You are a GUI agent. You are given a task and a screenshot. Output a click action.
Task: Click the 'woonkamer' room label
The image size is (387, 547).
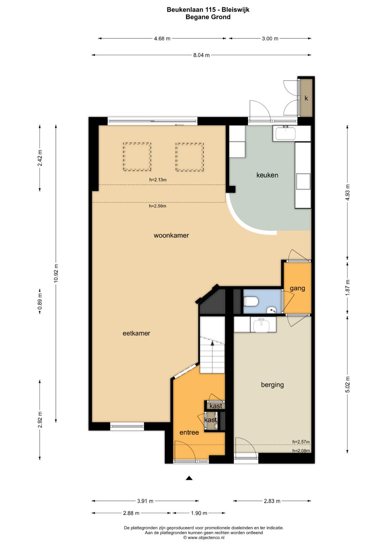coord(171,235)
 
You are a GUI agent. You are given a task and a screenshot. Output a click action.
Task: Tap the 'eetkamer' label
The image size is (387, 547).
coord(136,334)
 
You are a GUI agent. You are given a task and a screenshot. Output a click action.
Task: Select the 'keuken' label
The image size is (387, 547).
coord(267,175)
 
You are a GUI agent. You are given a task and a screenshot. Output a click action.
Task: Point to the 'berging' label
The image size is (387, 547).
coord(272,385)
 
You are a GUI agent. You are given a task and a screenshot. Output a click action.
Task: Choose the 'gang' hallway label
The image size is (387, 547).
coord(297,289)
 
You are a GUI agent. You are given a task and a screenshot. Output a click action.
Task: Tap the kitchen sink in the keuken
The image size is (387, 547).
coord(285,133)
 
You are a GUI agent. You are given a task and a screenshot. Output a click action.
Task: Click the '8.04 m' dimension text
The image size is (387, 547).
coord(201,55)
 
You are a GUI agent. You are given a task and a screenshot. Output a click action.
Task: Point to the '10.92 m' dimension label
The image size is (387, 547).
coord(56,273)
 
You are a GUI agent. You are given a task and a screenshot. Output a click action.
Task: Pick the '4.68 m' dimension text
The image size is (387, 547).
coord(162,39)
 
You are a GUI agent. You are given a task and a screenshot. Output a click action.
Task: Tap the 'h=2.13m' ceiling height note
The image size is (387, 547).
coord(158,180)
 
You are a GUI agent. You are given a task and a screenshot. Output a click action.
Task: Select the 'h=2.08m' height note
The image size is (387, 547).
coord(301,451)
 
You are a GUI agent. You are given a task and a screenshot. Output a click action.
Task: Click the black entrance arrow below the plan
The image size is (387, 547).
coord(189,478)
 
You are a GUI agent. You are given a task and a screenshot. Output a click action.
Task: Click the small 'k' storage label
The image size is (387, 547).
coord(306,98)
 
